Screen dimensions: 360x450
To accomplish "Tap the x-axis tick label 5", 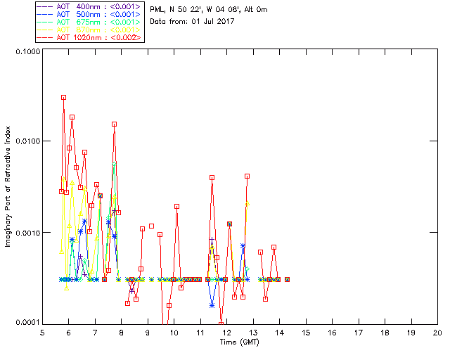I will pos(42,333).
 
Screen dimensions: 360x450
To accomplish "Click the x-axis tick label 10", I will pos(174,333).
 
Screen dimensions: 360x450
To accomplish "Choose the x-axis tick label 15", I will pos(305,333).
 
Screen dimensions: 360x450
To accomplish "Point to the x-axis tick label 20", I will pos(437,333).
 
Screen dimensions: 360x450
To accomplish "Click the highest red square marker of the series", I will pos(63,98).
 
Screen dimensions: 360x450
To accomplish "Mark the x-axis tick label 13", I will pos(253,333).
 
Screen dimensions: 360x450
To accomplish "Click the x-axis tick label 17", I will pos(358,333).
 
